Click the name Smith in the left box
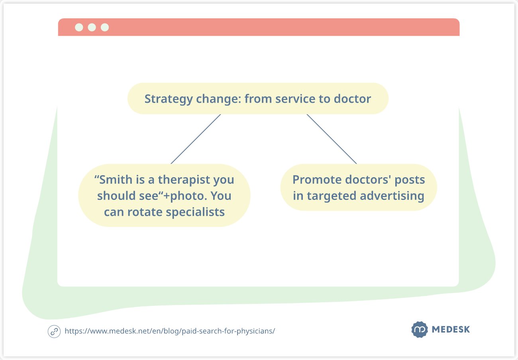click(116, 180)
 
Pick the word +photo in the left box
click(185, 196)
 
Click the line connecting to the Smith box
click(196, 139)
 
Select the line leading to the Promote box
click(332, 139)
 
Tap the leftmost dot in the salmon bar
click(79, 27)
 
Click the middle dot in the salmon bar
click(92, 27)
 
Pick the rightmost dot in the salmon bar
click(105, 27)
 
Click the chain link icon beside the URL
click(54, 331)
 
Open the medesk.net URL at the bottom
click(170, 331)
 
